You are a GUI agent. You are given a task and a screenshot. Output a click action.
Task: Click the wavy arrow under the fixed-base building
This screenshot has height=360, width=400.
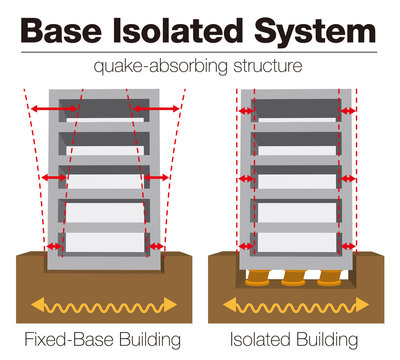point(106,302)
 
